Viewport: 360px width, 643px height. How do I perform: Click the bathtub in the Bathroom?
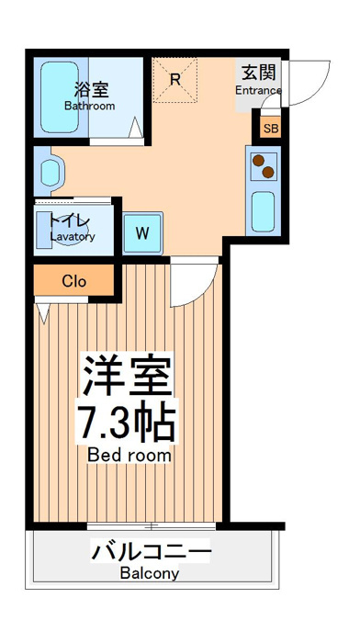[x=60, y=97]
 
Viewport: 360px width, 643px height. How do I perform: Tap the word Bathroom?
[x=90, y=107]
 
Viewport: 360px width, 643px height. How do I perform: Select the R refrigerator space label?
[x=175, y=80]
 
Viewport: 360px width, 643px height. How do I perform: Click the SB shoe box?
[x=271, y=129]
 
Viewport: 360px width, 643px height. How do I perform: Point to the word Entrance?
[x=258, y=91]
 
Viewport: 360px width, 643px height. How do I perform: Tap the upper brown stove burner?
[x=258, y=161]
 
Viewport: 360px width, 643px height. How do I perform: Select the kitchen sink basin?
[x=263, y=211]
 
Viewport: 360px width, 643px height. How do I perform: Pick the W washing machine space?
[x=142, y=233]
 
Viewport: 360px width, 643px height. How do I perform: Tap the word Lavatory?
[x=73, y=237]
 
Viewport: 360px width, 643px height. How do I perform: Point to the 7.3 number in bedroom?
[x=105, y=422]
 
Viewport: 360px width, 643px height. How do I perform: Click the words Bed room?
[x=129, y=456]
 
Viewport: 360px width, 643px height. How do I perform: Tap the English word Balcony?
[x=150, y=573]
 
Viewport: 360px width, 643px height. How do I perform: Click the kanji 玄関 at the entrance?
[x=258, y=73]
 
